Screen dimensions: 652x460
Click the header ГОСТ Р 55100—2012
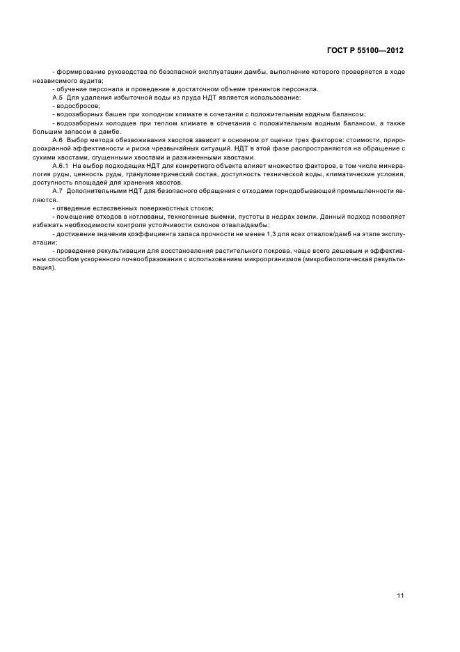point(365,50)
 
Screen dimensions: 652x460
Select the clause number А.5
point(58,98)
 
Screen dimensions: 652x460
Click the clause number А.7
point(58,190)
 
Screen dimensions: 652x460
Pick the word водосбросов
point(79,106)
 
